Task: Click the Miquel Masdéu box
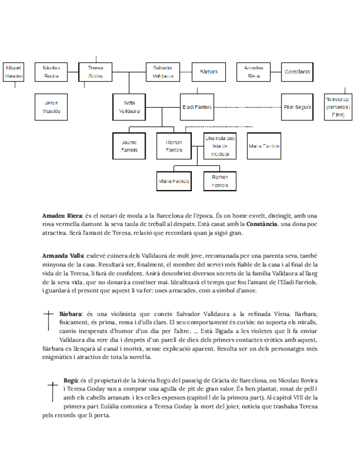click(x=14, y=71)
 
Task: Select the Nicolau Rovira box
click(x=51, y=71)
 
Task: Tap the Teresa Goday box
click(x=96, y=71)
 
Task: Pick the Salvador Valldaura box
click(x=163, y=71)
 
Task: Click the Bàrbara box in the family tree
click(x=208, y=71)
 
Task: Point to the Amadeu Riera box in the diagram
click(x=254, y=71)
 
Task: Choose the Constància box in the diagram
click(x=297, y=71)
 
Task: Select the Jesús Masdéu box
click(x=51, y=107)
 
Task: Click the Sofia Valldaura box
click(x=129, y=107)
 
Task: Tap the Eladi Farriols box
click(x=196, y=107)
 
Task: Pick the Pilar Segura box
click(x=297, y=107)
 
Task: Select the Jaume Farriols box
click(x=129, y=146)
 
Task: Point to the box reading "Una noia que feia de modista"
click(x=219, y=146)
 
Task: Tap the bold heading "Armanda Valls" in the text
click(x=63, y=256)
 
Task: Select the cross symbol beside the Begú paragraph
click(x=53, y=391)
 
